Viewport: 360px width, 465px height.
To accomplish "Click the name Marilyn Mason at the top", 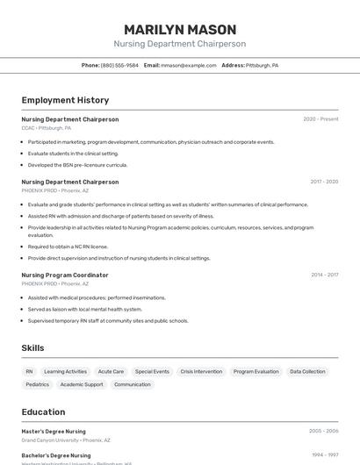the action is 179,29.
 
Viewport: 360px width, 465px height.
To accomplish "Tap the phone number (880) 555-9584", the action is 119,65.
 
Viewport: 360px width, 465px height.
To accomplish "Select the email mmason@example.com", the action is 188,65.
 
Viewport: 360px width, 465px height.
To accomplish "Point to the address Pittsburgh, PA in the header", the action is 262,65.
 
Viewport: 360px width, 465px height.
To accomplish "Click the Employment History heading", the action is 65,100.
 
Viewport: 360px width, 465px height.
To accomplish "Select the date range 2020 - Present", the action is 320,119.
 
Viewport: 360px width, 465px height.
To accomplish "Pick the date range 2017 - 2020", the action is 323,182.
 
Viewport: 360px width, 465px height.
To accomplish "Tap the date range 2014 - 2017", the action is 324,275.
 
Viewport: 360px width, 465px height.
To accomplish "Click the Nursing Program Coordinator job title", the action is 65,275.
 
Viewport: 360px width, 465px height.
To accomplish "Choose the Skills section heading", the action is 32,348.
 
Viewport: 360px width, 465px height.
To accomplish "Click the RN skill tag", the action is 29,372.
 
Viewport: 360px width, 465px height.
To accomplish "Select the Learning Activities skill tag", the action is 66,372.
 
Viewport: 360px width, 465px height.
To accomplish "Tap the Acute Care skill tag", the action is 111,372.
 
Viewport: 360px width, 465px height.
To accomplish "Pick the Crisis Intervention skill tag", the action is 201,372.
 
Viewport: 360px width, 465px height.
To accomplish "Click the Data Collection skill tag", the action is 307,372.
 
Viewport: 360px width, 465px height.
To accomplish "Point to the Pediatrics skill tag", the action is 38,384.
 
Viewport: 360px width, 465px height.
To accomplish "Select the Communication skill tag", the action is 133,384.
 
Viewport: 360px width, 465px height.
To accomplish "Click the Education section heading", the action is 43,412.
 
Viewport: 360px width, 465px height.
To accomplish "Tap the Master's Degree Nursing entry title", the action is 54,432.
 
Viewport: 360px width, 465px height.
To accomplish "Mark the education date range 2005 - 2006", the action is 323,432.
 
